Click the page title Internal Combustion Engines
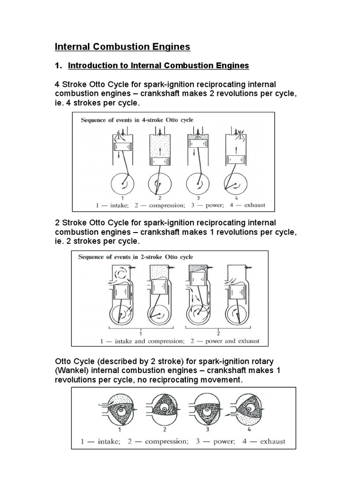point(122,46)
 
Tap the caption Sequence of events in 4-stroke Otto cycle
point(137,120)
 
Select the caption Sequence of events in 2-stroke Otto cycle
point(136,257)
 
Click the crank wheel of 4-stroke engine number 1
point(123,181)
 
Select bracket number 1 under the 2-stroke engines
point(141,331)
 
